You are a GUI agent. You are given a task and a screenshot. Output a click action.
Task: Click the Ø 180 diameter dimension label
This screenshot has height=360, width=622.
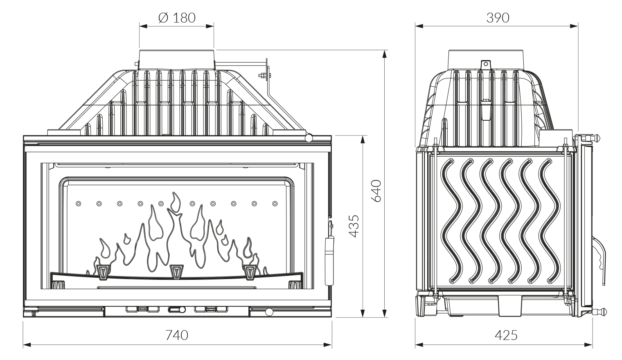click(x=176, y=18)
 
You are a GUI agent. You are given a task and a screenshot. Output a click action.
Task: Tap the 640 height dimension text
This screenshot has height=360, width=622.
click(x=376, y=190)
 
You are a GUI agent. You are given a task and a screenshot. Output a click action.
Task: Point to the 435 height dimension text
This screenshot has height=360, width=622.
click(x=354, y=225)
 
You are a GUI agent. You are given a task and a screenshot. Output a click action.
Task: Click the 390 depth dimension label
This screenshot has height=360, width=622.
click(x=498, y=18)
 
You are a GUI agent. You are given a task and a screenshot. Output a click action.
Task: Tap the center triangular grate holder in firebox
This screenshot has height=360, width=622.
click(x=176, y=271)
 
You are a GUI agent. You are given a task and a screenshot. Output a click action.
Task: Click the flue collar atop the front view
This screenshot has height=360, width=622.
click(x=176, y=59)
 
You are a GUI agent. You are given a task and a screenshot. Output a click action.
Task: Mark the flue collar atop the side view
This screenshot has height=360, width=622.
click(x=486, y=59)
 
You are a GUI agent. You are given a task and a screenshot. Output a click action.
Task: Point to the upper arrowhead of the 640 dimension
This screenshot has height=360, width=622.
click(x=385, y=54)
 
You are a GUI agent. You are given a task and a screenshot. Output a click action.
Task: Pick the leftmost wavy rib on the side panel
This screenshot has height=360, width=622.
click(x=450, y=221)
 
